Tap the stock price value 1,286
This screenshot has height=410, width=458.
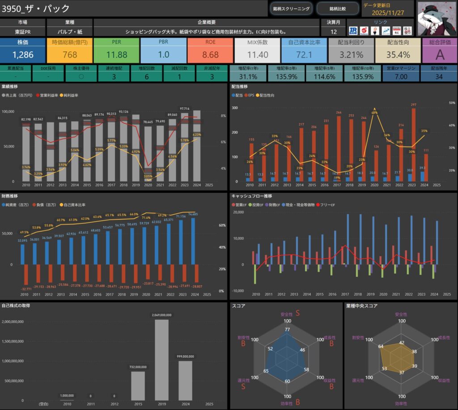(x=23, y=55)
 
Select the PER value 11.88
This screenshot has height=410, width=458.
(x=117, y=55)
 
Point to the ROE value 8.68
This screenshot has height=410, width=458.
(x=210, y=55)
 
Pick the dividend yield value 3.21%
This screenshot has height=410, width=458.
(x=351, y=55)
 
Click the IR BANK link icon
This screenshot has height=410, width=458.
(x=353, y=30)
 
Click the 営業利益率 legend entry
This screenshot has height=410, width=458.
(x=49, y=96)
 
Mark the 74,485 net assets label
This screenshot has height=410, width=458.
(x=193, y=215)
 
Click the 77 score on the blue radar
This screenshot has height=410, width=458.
(x=288, y=330)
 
